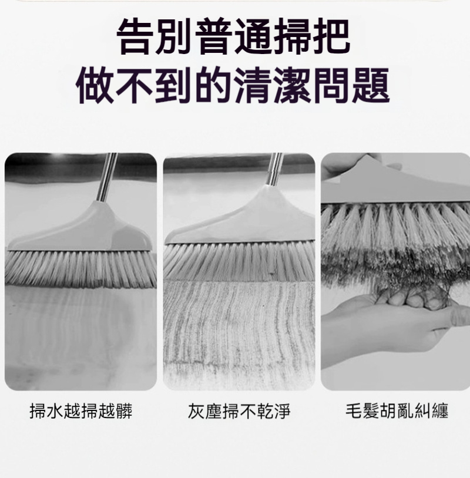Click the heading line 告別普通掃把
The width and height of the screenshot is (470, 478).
(x=233, y=36)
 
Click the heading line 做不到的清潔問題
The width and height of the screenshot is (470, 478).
(x=233, y=86)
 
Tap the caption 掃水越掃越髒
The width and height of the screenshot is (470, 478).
(x=81, y=411)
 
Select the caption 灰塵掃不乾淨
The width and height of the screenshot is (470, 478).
(x=239, y=411)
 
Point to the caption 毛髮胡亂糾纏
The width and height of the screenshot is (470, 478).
(x=397, y=411)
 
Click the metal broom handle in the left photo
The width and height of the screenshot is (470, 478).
(x=107, y=177)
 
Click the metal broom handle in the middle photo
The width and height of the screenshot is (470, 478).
(x=274, y=169)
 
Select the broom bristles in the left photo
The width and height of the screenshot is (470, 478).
(x=81, y=269)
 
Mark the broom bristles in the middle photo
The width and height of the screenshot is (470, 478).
(x=239, y=261)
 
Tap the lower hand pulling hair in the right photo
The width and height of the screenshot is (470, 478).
(x=394, y=326)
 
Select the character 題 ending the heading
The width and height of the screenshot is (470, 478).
(x=371, y=86)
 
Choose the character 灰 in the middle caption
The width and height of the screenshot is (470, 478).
(x=196, y=411)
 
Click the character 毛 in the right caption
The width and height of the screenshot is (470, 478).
(x=354, y=411)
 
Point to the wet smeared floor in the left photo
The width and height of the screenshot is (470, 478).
(x=81, y=338)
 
